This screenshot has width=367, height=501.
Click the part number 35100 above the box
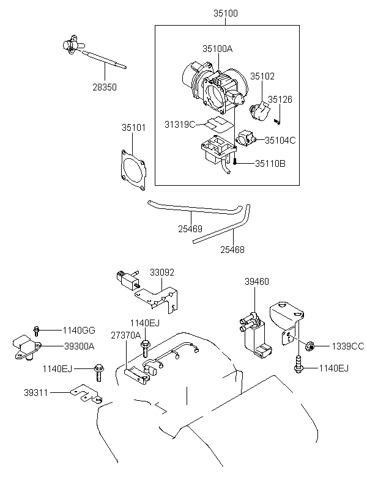tap(226, 13)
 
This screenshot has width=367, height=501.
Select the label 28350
tap(105, 87)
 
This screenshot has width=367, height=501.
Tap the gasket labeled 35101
tap(133, 170)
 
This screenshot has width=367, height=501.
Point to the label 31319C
tap(180, 124)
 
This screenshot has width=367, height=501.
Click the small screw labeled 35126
tap(277, 122)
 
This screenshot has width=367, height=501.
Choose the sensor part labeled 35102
tap(259, 112)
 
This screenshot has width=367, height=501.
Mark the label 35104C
tap(280, 141)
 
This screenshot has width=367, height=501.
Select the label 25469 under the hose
tap(190, 229)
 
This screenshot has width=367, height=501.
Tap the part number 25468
tap(232, 249)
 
